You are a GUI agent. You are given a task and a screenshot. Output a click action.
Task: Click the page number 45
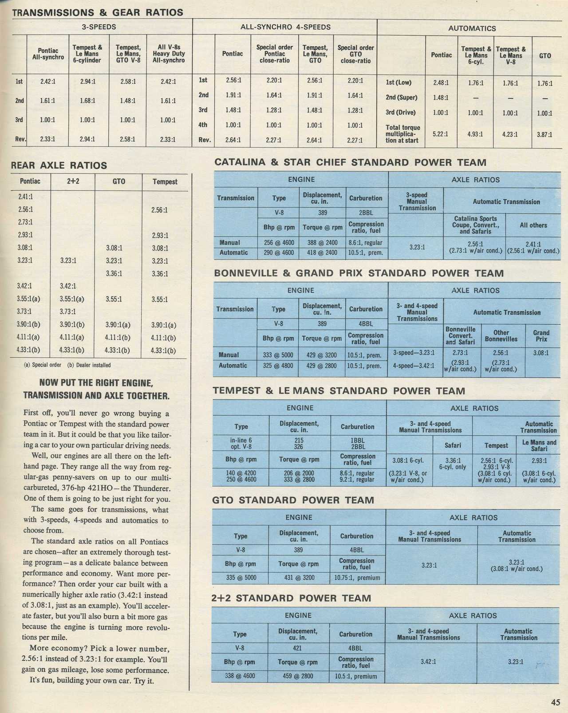click(x=556, y=702)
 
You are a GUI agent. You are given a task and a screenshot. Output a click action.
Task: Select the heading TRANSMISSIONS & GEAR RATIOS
click(x=97, y=12)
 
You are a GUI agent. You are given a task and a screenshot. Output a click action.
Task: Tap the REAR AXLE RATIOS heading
click(x=59, y=165)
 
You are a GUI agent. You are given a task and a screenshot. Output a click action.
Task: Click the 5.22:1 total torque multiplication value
click(x=441, y=134)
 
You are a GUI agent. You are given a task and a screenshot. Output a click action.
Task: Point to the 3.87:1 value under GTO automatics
click(x=544, y=134)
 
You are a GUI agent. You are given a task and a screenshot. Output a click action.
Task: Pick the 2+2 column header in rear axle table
click(x=73, y=181)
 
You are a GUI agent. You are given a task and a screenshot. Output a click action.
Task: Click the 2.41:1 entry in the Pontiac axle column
click(x=25, y=196)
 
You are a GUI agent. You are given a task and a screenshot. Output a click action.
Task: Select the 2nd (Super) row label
click(x=401, y=98)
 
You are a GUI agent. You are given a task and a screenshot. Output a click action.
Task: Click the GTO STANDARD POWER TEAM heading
click(x=293, y=500)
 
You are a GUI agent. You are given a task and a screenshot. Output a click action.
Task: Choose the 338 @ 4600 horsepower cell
click(x=240, y=676)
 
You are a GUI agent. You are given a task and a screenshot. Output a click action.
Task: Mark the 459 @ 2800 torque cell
click(x=297, y=676)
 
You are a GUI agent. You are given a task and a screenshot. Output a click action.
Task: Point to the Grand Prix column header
click(x=541, y=335)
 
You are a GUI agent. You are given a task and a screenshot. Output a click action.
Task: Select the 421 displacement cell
click(x=297, y=648)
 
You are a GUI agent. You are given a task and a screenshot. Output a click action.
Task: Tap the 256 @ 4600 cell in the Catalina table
click(x=279, y=243)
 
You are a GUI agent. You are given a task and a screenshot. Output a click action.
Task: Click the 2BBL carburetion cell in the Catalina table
click(x=366, y=213)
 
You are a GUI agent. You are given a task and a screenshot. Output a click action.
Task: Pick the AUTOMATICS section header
click(x=472, y=28)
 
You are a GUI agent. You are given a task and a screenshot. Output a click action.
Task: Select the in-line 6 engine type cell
click(x=241, y=440)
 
